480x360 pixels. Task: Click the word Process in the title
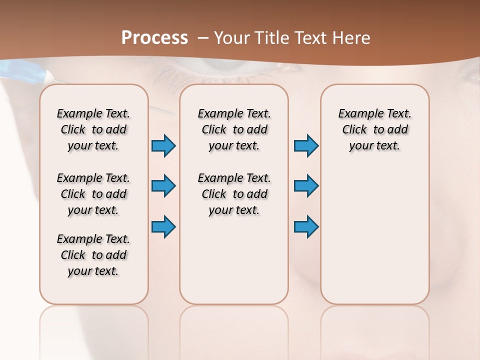(154, 38)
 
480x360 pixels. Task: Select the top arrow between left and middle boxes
(163, 146)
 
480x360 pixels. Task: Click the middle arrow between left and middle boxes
(163, 186)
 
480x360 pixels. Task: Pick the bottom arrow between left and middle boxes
(163, 226)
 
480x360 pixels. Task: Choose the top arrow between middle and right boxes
(306, 146)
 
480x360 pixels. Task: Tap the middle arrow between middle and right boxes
(306, 186)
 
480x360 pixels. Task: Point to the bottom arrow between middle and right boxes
(306, 226)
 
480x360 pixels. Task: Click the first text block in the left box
(93, 129)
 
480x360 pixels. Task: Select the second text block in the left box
(93, 194)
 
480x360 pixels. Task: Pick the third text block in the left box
(93, 255)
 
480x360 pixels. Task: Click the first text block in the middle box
(234, 129)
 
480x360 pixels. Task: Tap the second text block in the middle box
(234, 194)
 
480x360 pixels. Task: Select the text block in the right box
(375, 129)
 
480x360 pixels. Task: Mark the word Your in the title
(231, 38)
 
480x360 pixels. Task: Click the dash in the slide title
(203, 38)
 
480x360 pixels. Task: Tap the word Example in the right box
(358, 114)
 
